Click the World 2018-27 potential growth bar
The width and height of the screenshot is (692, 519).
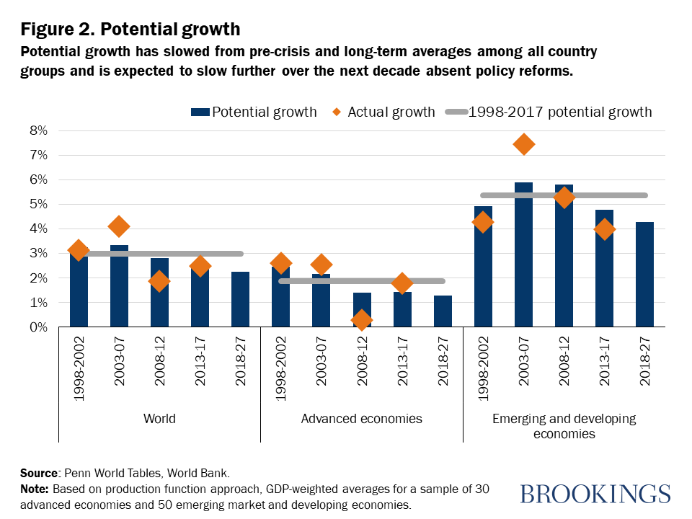(240, 299)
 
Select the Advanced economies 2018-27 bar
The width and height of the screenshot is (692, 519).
(442, 311)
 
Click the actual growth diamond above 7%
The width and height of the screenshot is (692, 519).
(524, 144)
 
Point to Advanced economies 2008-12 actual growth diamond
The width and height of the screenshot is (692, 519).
(362, 319)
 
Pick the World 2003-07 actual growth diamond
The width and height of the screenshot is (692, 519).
(120, 226)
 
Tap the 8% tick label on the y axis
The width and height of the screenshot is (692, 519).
(38, 130)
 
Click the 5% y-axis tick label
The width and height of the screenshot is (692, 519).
(38, 205)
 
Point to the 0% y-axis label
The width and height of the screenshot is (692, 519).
(38, 328)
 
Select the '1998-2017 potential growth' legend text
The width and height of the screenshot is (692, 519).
(559, 112)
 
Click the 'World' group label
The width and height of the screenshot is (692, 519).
(159, 418)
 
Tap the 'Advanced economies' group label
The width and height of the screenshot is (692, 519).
(361, 418)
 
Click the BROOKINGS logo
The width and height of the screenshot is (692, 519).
(595, 494)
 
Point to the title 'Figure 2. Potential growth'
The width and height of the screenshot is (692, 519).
(130, 30)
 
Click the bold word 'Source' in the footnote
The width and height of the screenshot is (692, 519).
(38, 474)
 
